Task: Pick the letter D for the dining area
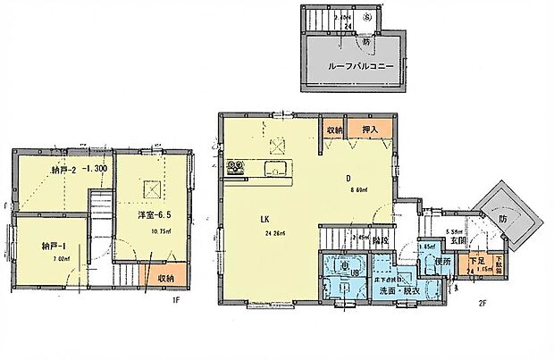348,177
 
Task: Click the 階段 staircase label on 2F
380,239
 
